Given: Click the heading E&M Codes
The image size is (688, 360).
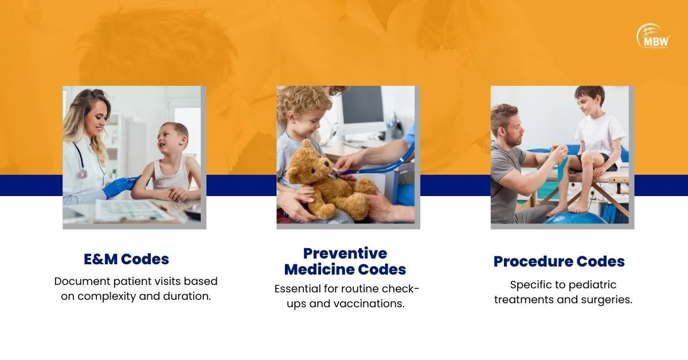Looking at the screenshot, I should coord(126,259).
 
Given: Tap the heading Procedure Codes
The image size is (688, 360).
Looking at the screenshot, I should coord(559,261).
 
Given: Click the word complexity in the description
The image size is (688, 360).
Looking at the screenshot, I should coord(107,296).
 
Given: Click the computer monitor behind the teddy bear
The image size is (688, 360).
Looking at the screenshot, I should coord(362,109).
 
